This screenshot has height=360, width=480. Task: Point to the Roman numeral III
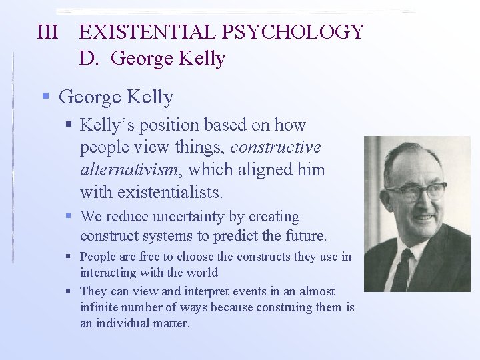(48, 32)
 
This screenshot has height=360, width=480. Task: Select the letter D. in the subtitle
(90, 59)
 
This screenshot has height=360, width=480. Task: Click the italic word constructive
(275, 147)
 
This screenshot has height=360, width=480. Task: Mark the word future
(305, 235)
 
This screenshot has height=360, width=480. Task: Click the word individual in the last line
(136, 323)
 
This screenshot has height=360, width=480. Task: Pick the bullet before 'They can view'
(70, 291)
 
